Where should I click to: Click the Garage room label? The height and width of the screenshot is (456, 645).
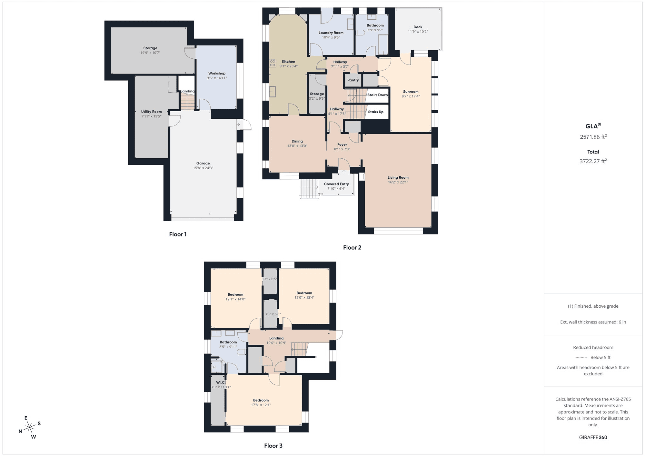[x=203, y=163]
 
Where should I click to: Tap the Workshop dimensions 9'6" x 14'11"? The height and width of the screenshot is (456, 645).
[x=217, y=78]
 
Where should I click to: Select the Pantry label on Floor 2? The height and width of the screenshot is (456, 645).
[x=353, y=80]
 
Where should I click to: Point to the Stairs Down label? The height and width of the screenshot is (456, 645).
[x=378, y=95]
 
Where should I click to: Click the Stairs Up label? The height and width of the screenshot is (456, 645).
[x=376, y=112]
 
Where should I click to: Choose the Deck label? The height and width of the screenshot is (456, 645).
[x=418, y=27]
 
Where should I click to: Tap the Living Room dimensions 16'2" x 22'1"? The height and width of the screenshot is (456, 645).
[x=398, y=182]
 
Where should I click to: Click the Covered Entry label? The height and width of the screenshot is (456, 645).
[x=336, y=184]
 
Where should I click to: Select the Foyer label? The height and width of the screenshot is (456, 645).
[x=342, y=145]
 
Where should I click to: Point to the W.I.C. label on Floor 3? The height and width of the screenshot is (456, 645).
[x=221, y=382]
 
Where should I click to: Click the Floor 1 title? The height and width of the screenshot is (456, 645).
[x=178, y=234]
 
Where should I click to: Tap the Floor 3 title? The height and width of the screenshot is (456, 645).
[x=273, y=446]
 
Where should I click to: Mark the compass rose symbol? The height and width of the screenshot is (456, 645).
[x=30, y=428]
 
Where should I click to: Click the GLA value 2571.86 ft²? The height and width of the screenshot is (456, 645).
[x=593, y=137]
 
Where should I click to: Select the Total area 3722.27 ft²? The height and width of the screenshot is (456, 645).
[x=593, y=161]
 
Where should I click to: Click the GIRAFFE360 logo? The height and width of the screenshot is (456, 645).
[x=593, y=438]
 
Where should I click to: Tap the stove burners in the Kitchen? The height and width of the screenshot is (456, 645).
[x=273, y=63]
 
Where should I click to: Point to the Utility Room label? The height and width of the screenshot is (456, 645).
[x=152, y=112]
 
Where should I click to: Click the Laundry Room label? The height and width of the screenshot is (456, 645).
[x=331, y=33]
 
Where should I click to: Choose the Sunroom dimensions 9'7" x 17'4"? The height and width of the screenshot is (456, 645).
[x=411, y=96]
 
